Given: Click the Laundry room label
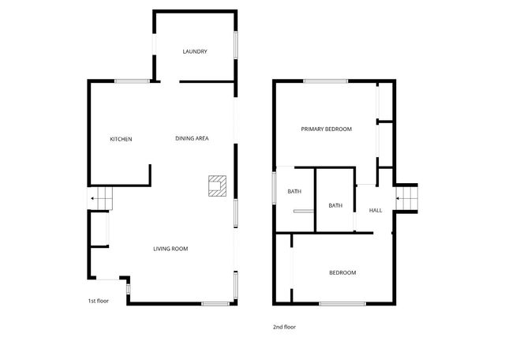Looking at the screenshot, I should click(x=194, y=52).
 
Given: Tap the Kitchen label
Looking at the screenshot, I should click(x=121, y=140).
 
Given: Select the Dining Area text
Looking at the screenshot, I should click(x=192, y=139).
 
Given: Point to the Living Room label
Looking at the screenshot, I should click(x=170, y=249).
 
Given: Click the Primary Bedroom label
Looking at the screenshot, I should click(x=326, y=129).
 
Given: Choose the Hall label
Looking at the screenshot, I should click(x=376, y=210).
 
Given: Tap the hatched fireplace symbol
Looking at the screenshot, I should click(x=216, y=185).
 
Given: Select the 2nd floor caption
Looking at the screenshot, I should click(x=285, y=327).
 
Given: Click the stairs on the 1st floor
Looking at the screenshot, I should click(x=102, y=200).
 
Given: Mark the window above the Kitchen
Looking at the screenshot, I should click(x=132, y=81).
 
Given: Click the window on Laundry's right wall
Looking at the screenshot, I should click(x=235, y=43).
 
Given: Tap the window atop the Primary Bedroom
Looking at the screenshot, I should click(x=325, y=81).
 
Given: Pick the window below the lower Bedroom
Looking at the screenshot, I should click(x=342, y=304).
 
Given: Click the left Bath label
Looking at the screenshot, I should click(x=294, y=192).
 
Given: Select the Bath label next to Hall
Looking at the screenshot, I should click(x=335, y=206).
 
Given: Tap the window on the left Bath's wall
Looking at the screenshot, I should click(x=275, y=188).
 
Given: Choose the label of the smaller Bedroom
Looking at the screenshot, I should click(x=342, y=273).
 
